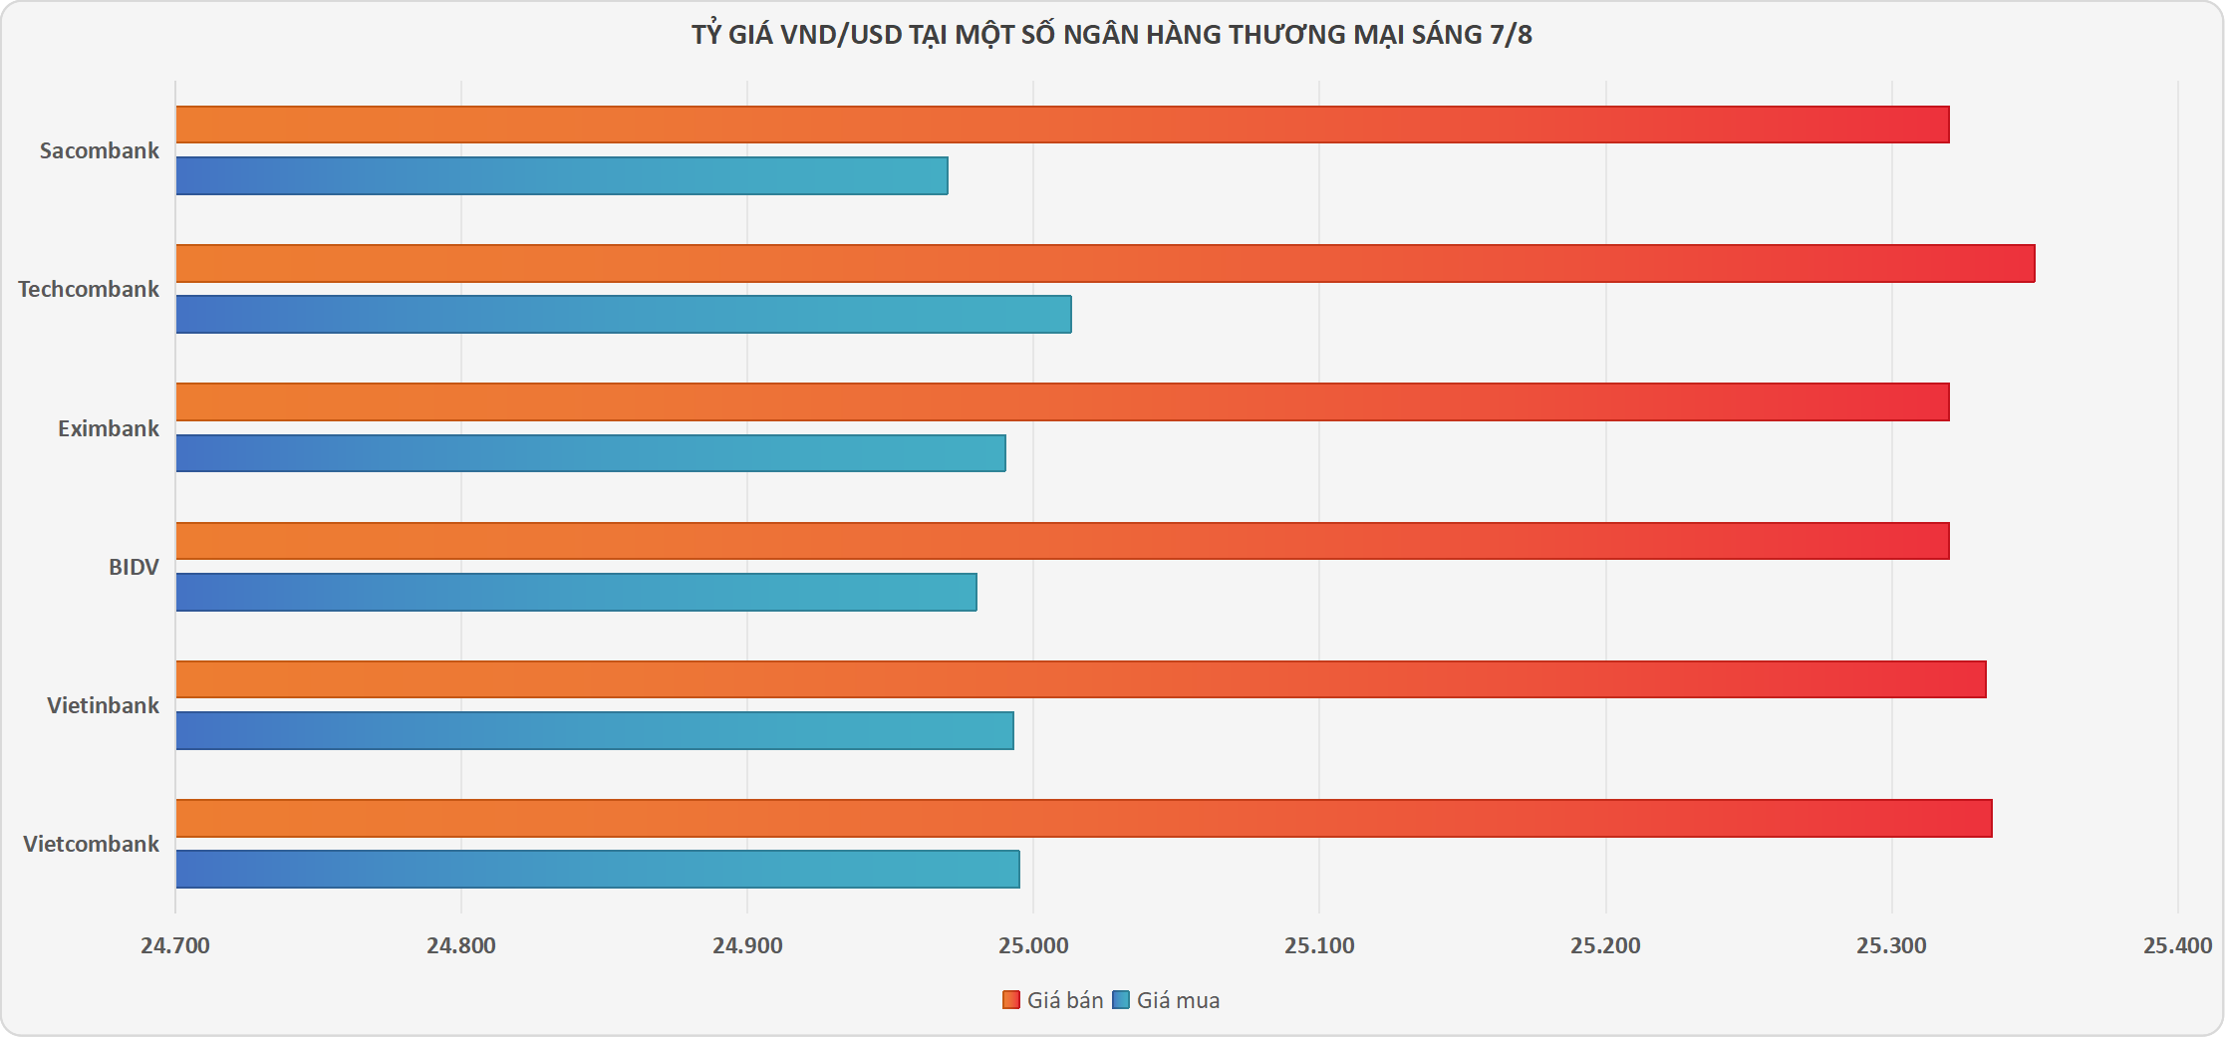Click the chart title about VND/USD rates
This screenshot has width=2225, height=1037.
(1112, 35)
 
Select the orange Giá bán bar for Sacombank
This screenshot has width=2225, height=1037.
(1062, 125)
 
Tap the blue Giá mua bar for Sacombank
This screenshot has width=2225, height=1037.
(562, 175)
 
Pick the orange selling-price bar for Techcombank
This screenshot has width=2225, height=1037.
(1105, 264)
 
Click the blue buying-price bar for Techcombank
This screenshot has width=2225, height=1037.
(624, 314)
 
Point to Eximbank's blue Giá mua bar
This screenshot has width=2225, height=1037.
(591, 453)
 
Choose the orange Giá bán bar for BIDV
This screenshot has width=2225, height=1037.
(1062, 541)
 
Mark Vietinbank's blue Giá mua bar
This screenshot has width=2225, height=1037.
(595, 730)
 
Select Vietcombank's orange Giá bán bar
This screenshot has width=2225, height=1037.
(1084, 818)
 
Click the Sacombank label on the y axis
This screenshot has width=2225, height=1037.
(100, 150)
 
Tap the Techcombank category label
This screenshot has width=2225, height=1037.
(89, 289)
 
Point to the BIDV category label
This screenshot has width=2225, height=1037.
(134, 567)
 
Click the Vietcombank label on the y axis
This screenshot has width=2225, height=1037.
(91, 844)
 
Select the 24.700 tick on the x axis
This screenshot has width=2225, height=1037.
(175, 945)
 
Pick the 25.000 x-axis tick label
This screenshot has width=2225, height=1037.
(1033, 945)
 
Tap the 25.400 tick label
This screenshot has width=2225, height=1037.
(2177, 945)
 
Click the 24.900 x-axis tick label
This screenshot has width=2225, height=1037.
(747, 945)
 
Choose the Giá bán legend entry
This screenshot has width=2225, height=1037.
(1053, 1000)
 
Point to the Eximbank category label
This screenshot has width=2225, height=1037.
(108, 428)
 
